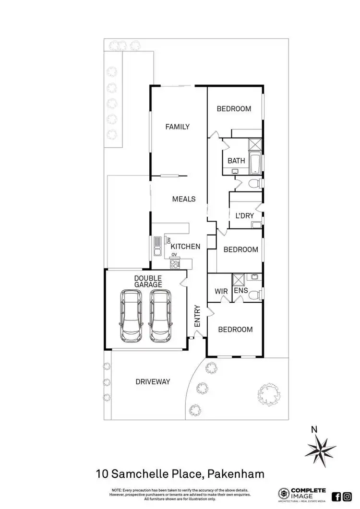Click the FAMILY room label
177,127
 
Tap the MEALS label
184,199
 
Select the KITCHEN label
186,247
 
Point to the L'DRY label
244,216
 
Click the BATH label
236,161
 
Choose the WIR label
221,291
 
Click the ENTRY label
197,317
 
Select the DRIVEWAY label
153,382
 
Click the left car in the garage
131,315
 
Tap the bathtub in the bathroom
256,163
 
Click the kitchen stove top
175,263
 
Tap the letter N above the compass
314,430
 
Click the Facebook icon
336,497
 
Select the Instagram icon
347,497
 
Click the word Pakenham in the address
235,475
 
